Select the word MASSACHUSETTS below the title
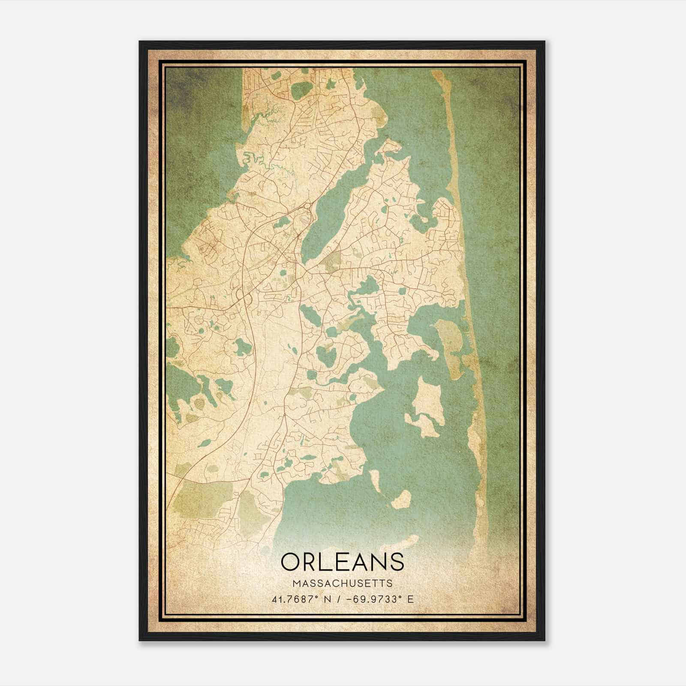343,584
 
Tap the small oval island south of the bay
402,499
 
